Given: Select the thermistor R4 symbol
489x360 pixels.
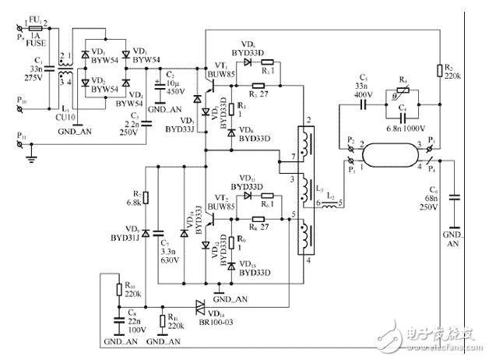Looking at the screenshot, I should pos(404,87).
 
